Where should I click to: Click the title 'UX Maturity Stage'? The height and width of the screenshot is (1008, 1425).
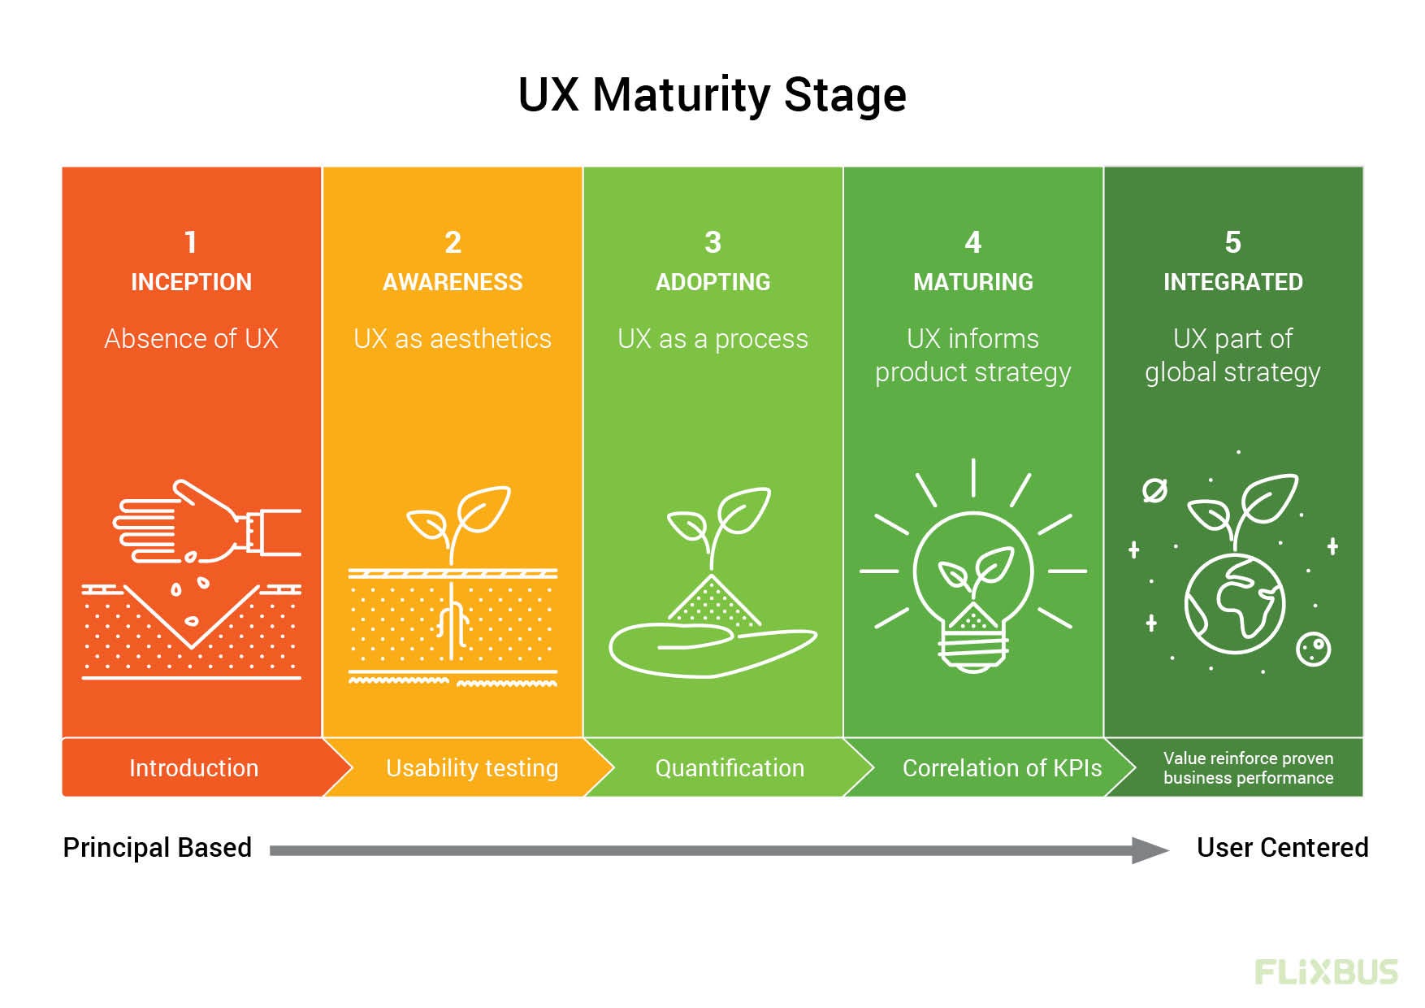coord(712,95)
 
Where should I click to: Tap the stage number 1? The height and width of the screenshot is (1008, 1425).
coord(191,242)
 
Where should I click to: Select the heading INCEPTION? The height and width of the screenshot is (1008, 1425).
coord(191,282)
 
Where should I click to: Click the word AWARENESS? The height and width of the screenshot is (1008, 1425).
coord(453,282)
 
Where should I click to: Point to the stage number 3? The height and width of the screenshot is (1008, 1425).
coord(712,242)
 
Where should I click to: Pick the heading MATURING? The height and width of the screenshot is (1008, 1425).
coord(972,282)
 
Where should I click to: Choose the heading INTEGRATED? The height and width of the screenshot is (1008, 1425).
coord(1232,282)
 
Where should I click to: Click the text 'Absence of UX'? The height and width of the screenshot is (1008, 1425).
coord(191,338)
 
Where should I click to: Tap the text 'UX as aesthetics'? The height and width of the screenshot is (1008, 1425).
coord(453,338)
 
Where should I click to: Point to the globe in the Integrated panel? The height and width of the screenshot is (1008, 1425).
coord(1234,604)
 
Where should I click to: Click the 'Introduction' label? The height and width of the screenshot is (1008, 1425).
coord(193,767)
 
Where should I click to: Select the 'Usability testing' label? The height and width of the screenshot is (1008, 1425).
coord(471,767)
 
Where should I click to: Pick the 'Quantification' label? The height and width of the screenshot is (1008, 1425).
coord(730,767)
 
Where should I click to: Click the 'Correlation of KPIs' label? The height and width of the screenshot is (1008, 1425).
coord(1002,767)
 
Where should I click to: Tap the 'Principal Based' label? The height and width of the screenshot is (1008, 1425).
coord(157,848)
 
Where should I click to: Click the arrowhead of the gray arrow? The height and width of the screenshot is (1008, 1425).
coord(1150,850)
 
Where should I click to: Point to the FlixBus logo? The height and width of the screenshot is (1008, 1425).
coord(1326,972)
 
